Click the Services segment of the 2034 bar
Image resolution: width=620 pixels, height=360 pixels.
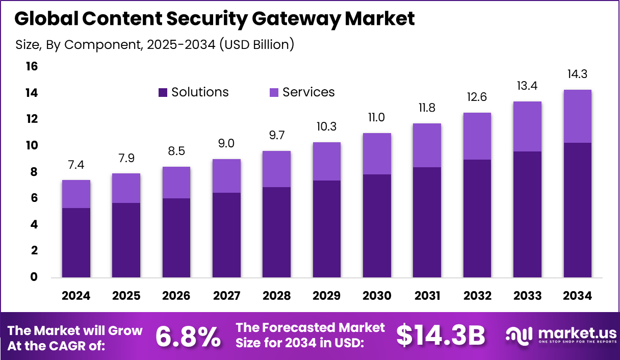(x=577, y=116)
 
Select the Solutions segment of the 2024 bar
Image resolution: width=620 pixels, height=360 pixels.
(x=76, y=243)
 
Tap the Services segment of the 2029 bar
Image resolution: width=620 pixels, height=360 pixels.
(x=327, y=161)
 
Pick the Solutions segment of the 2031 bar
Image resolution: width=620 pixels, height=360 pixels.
(x=427, y=222)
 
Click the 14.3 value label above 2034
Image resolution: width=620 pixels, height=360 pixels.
(x=577, y=74)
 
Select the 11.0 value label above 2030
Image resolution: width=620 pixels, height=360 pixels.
(x=377, y=117)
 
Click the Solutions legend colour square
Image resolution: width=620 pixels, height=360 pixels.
(x=163, y=92)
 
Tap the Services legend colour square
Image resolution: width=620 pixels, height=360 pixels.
(x=274, y=92)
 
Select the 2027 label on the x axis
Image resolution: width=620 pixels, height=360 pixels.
(x=226, y=296)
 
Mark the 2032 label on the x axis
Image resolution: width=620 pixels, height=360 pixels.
(x=477, y=296)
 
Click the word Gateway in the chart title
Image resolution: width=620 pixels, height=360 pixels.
(x=302, y=19)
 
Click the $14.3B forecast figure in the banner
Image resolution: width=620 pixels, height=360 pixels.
(x=441, y=335)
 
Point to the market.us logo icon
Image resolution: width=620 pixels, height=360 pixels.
(x=518, y=335)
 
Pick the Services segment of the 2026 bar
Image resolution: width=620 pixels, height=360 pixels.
(x=176, y=183)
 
